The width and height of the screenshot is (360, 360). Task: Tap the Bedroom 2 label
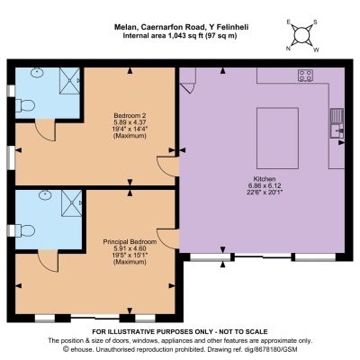(x=130, y=115)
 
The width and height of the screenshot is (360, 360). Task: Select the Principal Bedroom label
(x=130, y=242)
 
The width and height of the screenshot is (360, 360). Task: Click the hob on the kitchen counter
(x=306, y=76)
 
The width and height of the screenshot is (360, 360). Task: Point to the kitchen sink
(x=337, y=123)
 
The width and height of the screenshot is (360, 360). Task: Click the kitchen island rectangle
(x=277, y=139)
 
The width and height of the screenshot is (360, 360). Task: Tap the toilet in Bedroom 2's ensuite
(x=25, y=105)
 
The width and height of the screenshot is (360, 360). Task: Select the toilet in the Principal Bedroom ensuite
(x=25, y=231)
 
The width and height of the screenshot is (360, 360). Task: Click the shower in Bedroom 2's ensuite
(x=70, y=81)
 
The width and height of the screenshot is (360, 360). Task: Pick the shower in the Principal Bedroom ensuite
(x=71, y=202)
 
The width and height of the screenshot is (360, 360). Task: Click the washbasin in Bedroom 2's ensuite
(x=37, y=73)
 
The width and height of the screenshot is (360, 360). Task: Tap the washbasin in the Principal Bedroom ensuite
(x=45, y=195)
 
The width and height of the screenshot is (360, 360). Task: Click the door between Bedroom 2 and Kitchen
(x=168, y=166)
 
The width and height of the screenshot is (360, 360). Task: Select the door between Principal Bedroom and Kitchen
(x=168, y=239)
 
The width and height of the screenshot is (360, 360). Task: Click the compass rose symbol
(x=301, y=36)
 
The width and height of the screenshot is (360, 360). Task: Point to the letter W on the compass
(x=316, y=50)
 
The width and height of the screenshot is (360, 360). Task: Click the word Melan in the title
(x=125, y=27)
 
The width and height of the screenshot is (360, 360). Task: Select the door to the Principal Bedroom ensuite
(x=48, y=261)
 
